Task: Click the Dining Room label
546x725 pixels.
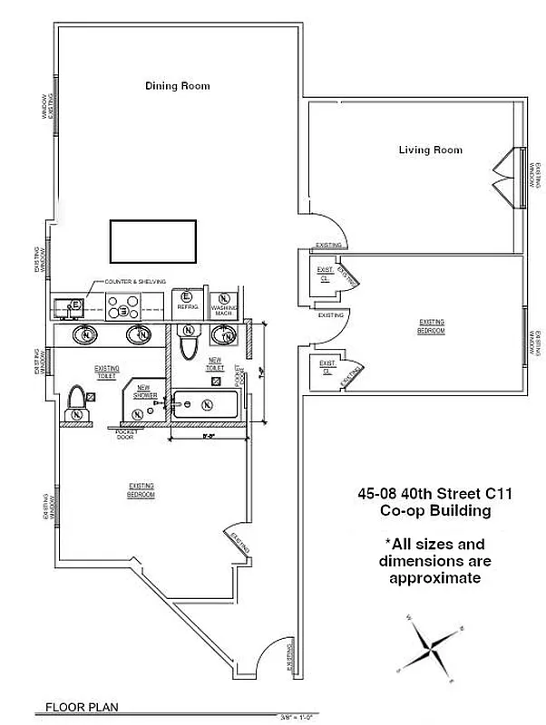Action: pyautogui.click(x=178, y=86)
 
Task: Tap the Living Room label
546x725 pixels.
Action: pyautogui.click(x=430, y=150)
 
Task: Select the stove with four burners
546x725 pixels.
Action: pyautogui.click(x=118, y=309)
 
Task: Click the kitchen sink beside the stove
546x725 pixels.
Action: pyautogui.click(x=69, y=308)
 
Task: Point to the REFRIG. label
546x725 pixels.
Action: pyautogui.click(x=187, y=307)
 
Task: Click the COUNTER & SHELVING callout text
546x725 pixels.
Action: pyautogui.click(x=135, y=282)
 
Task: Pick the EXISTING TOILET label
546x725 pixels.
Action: pyautogui.click(x=108, y=372)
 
